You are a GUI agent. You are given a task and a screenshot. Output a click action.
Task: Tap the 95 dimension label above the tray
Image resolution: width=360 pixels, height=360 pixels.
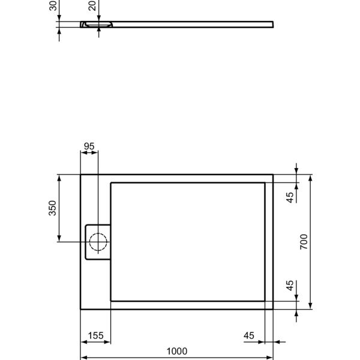89,145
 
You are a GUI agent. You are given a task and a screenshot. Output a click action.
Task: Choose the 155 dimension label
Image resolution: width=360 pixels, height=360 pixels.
95,335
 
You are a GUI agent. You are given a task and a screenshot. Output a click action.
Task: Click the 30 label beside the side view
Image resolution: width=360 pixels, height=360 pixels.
52,6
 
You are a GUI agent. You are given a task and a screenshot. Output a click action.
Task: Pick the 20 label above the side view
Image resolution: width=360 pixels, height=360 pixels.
91,6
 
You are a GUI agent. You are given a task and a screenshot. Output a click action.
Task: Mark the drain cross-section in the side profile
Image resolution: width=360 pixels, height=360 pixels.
97,25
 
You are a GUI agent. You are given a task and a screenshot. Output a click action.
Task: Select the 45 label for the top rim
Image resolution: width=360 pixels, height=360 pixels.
290,197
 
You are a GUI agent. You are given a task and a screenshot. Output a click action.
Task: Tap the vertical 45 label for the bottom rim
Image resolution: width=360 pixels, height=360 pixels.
290,286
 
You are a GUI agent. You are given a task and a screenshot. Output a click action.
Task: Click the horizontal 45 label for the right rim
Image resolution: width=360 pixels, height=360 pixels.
252,335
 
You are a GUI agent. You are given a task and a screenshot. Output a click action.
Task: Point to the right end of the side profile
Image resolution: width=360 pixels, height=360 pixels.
273,24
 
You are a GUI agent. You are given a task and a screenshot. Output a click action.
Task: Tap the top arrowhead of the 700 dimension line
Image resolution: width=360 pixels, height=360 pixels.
311,178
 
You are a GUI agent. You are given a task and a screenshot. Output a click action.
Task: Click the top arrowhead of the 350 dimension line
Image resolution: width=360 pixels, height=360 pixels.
58,178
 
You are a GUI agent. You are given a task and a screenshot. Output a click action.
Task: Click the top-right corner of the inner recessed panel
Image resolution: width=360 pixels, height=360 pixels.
265,182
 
